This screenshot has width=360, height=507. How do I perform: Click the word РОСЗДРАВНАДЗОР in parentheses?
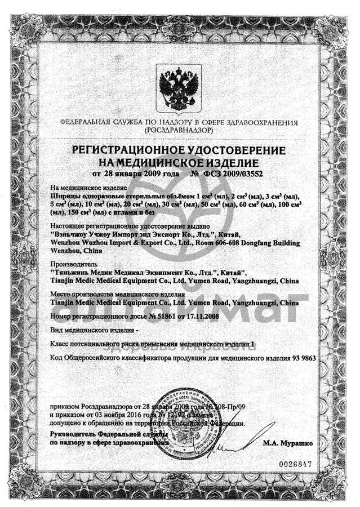179,130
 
